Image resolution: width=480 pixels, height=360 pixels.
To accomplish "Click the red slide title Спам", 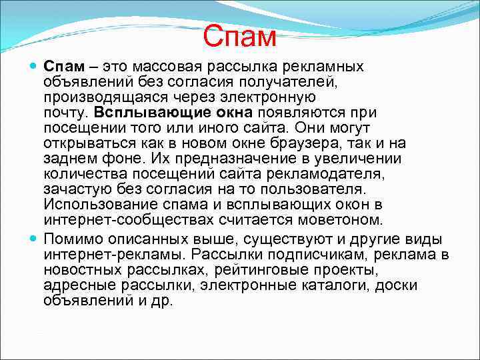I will coord(239,37).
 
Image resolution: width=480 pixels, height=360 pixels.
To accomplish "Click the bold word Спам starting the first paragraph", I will coord(63,67).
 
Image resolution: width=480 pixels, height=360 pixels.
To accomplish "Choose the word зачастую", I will coord(74,189).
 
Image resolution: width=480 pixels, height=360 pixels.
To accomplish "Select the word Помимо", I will coord(73,239).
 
